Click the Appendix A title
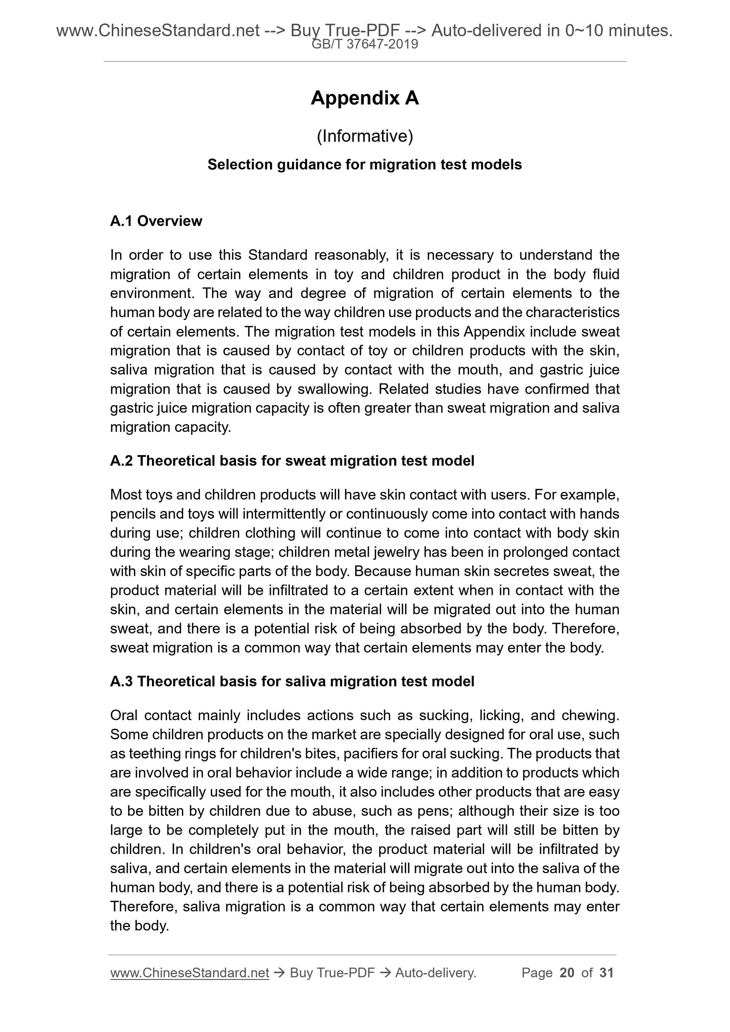[x=364, y=98]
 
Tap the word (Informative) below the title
[x=364, y=136]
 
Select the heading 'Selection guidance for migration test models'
[x=364, y=165]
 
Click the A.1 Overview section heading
[x=156, y=221]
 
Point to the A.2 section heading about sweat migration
[x=292, y=461]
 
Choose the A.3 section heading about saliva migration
[x=292, y=682]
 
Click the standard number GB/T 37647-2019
[x=364, y=44]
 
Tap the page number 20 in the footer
[x=567, y=973]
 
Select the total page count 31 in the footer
[x=606, y=973]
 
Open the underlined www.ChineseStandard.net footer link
[x=189, y=973]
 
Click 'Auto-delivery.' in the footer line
[x=436, y=973]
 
